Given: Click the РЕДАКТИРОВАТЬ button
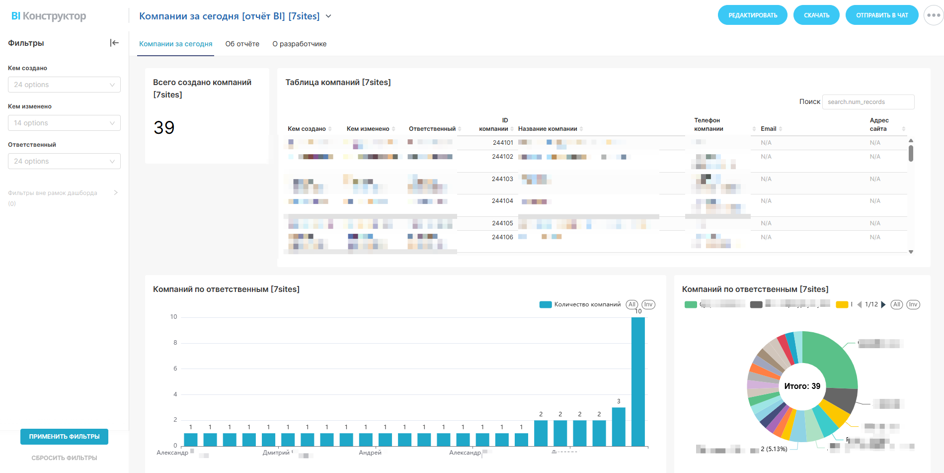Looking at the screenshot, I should [752, 15].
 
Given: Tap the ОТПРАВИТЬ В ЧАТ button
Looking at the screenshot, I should [881, 15].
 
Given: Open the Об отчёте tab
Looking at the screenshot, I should [242, 44].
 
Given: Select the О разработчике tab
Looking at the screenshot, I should [299, 44].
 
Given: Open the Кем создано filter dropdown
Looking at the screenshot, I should [64, 85].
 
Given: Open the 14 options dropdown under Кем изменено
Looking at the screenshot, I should [64, 123].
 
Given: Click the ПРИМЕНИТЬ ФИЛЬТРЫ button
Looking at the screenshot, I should [64, 437].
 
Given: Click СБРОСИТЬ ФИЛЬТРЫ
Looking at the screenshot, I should [64, 458].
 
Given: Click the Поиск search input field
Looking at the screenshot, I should [867, 102].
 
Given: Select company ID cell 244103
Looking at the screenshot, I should [502, 179].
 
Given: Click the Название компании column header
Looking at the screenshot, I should [548, 129].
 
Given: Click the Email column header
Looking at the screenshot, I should [768, 129].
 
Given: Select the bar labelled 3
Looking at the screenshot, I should [619, 426].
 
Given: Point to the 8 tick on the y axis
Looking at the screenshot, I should [175, 343].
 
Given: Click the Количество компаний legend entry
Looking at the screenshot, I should [587, 304].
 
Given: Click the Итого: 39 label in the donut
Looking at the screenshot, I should [802, 386].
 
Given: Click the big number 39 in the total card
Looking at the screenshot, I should [164, 128].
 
